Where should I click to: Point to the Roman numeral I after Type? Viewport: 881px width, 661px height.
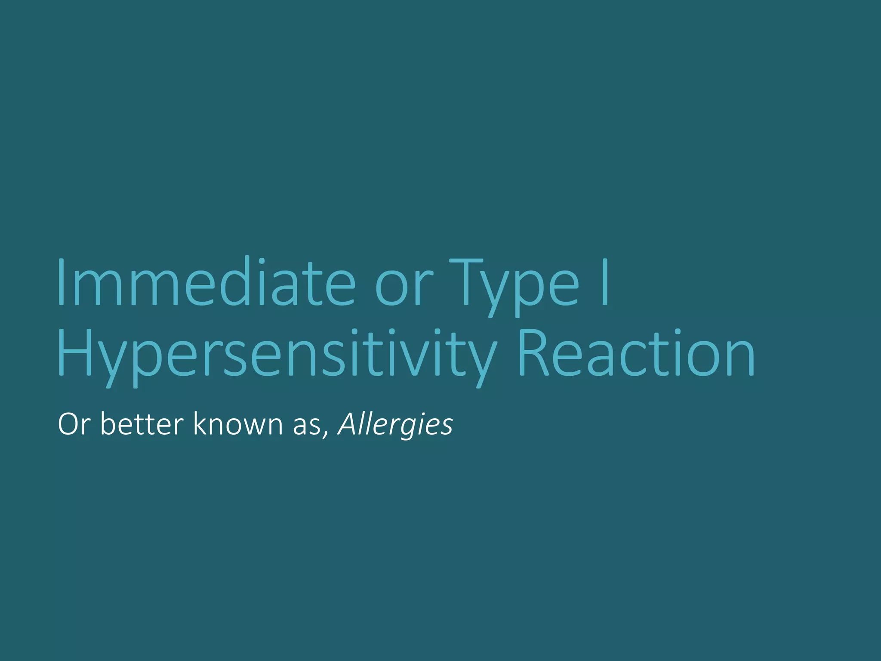605,282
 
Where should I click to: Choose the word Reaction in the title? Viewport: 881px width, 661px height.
636,353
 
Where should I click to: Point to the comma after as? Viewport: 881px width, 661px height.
326,434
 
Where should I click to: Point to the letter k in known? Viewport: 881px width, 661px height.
200,423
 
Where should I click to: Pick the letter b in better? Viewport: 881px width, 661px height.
108,423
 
